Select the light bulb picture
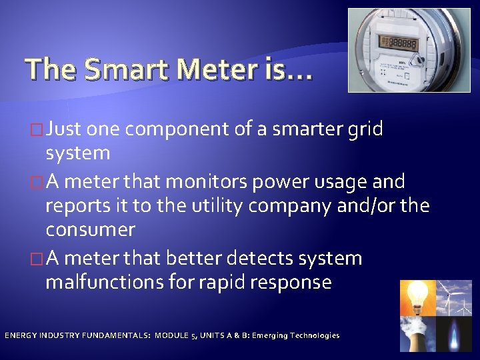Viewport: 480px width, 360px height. click(417, 297)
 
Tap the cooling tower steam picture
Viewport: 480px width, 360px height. click(417, 333)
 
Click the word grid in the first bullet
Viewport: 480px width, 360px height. click(365, 129)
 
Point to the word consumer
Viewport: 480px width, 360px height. click(90, 230)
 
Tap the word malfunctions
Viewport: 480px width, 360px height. click(105, 282)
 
